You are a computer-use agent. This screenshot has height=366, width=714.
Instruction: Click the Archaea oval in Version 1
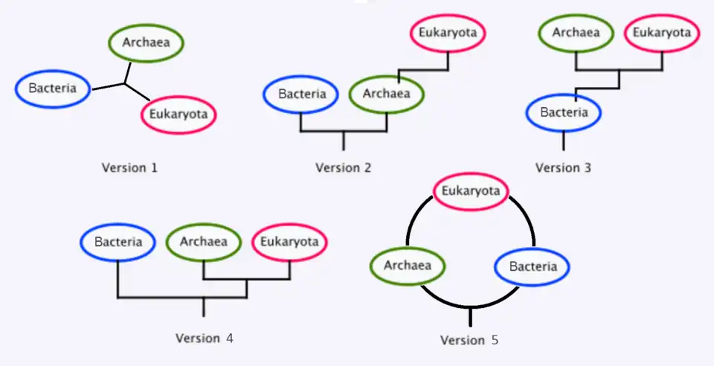[x=146, y=42]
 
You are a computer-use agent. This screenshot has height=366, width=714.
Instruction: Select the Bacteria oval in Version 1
[x=53, y=89]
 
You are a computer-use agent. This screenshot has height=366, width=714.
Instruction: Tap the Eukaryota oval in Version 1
[x=178, y=115]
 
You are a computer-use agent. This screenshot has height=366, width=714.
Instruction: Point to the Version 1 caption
[x=129, y=167]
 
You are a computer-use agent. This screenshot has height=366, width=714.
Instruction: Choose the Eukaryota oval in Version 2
[x=448, y=33]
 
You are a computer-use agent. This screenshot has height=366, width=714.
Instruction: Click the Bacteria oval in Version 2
[x=301, y=94]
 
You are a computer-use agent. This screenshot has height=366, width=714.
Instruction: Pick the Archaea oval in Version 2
[x=386, y=94]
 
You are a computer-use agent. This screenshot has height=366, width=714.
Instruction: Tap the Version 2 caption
[x=343, y=167]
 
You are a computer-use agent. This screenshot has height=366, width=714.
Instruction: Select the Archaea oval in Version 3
[x=576, y=33]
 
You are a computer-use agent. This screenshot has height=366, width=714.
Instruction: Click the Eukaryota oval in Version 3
[x=661, y=33]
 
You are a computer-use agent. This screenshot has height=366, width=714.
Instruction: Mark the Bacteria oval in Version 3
[x=564, y=113]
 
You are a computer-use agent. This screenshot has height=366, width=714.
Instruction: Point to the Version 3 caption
[x=563, y=167]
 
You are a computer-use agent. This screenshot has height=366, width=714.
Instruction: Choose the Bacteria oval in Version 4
[x=118, y=242]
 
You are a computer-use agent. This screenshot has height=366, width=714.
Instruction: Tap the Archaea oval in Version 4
[x=203, y=242]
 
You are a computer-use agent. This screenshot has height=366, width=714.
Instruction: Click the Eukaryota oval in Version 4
[x=289, y=242]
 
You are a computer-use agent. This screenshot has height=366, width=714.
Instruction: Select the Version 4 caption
[x=205, y=338]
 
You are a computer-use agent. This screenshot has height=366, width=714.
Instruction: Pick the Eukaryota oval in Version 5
[x=470, y=191]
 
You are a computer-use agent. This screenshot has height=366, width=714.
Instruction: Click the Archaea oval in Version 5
[x=407, y=265]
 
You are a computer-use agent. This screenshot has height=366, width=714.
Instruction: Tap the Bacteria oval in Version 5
[x=533, y=266]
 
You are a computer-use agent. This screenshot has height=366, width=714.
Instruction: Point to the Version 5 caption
[x=469, y=340]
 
